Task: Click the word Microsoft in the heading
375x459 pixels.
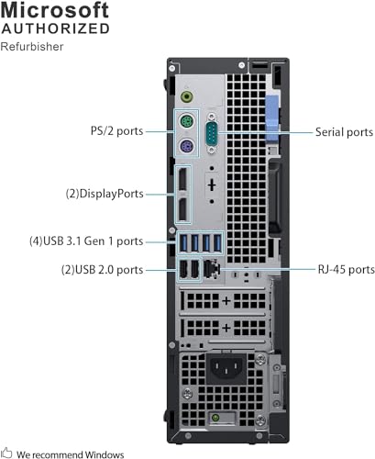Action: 55,10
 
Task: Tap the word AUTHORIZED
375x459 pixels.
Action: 55,28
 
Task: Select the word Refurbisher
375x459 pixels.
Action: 32,47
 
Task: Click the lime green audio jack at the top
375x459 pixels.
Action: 187,97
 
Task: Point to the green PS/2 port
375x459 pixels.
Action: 187,122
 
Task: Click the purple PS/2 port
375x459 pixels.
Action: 187,146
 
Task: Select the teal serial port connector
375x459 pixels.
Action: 212,133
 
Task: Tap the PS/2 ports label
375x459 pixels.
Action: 117,131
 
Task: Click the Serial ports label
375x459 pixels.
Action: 344,132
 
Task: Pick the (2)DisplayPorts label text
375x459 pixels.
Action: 105,194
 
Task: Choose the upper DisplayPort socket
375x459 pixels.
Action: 182,180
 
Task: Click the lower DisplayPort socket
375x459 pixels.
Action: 182,209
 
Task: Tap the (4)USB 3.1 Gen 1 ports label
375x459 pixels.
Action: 86,241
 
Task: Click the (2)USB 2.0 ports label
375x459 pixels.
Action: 103,270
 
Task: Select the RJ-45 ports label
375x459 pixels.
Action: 347,270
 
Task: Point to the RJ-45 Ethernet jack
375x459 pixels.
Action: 212,269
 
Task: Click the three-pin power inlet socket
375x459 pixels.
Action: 226,366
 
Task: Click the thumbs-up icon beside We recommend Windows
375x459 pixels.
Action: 6,453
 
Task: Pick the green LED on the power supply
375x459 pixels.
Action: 215,418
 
